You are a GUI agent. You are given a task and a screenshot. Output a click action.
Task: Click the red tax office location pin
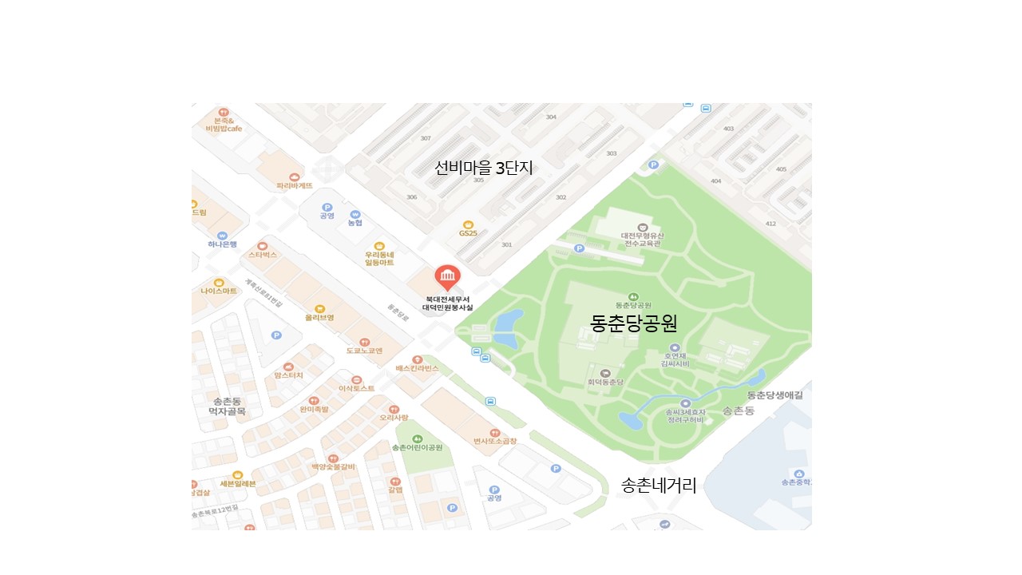[447, 278]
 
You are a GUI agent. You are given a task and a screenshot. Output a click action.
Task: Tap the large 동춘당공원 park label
[633, 323]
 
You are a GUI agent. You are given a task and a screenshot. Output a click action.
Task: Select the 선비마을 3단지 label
[483, 168]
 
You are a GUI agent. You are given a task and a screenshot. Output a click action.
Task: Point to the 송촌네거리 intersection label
[659, 486]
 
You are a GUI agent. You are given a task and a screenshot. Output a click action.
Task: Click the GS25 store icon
[468, 224]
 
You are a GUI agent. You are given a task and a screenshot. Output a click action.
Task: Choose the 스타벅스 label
[262, 255]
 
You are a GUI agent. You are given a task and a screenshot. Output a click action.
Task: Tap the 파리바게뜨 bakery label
[295, 185]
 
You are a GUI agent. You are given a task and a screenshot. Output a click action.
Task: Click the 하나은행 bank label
[223, 244]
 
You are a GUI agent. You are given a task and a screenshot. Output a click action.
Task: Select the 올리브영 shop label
[319, 317]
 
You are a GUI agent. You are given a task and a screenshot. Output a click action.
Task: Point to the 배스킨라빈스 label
[417, 368]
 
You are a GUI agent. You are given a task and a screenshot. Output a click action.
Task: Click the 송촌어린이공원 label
[417, 447]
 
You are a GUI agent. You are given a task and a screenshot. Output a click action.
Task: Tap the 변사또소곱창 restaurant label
[494, 441]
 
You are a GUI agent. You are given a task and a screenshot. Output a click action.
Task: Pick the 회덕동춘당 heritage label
[604, 383]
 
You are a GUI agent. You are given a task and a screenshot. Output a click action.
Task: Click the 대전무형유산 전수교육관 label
[642, 240]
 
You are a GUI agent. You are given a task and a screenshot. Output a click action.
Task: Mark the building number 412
[770, 224]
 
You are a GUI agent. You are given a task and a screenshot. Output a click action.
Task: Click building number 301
[506, 244]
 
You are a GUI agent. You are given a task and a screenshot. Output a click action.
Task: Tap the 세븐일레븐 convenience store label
[237, 483]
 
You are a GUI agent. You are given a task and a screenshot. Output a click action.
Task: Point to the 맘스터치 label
[288, 375]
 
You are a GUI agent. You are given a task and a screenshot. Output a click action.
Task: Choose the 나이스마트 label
[219, 291]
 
